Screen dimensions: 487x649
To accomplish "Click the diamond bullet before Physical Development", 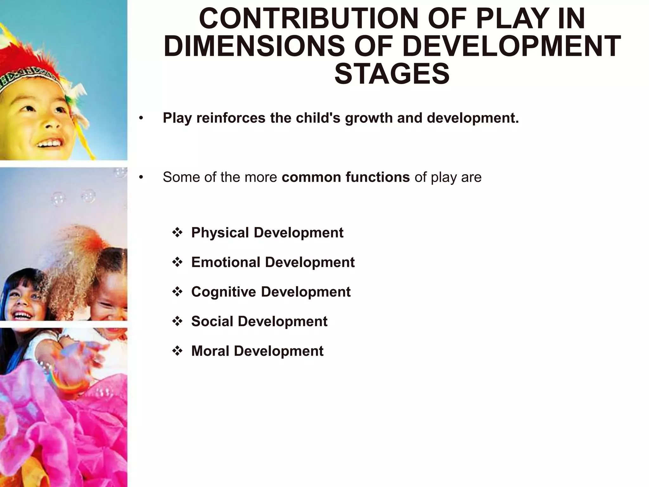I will tap(177, 233).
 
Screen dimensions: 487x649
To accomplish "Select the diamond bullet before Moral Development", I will tap(177, 351).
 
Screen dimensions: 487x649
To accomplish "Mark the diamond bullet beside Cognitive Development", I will tap(177, 292).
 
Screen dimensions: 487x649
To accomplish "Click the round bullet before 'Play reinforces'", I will tap(141, 119).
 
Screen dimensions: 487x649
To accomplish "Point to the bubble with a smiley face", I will tap(88, 196).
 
